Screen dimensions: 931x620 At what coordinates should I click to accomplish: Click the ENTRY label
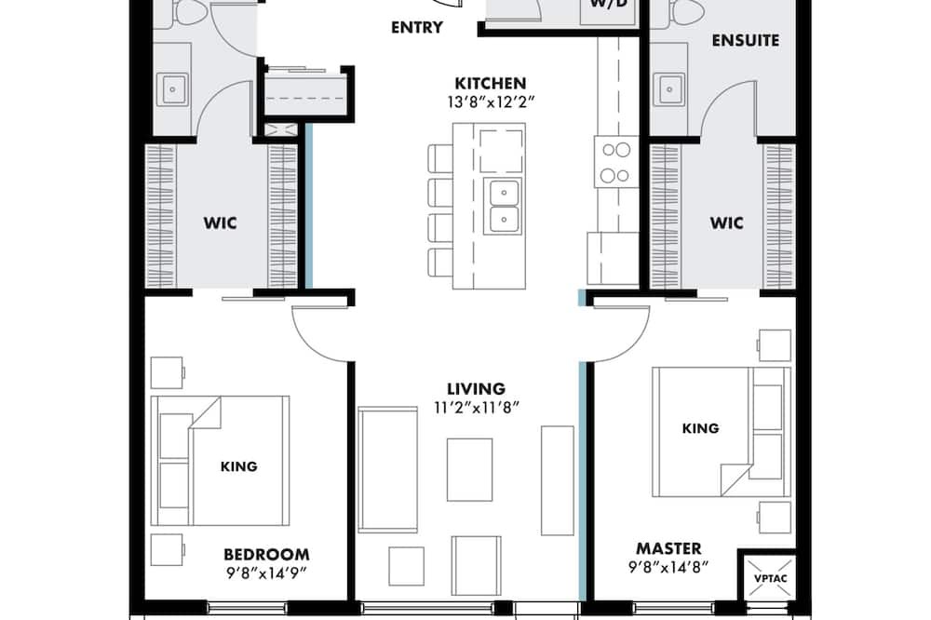pyautogui.click(x=417, y=27)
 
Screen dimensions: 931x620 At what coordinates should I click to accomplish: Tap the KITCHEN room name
pyautogui.click(x=491, y=83)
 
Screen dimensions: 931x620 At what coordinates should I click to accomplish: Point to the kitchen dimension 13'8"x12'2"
pyautogui.click(x=491, y=102)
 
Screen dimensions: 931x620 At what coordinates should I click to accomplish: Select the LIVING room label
pyautogui.click(x=476, y=389)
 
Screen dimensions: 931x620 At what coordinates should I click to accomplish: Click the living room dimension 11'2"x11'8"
pyautogui.click(x=477, y=408)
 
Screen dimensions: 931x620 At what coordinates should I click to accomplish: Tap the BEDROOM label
pyautogui.click(x=266, y=555)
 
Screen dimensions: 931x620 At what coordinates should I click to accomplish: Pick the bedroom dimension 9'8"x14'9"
pyautogui.click(x=265, y=573)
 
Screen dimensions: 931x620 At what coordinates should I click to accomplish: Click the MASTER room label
pyautogui.click(x=668, y=548)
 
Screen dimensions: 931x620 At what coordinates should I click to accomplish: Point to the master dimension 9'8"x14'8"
pyautogui.click(x=668, y=567)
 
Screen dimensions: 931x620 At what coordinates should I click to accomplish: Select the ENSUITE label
pyautogui.click(x=745, y=40)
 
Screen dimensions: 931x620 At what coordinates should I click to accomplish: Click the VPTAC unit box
pyautogui.click(x=770, y=578)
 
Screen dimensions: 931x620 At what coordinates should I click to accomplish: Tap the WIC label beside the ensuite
pyautogui.click(x=727, y=223)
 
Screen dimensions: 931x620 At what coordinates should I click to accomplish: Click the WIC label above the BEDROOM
pyautogui.click(x=221, y=223)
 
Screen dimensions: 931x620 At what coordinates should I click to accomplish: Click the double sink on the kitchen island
pyautogui.click(x=504, y=206)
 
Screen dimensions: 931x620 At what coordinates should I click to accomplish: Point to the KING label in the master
pyautogui.click(x=701, y=428)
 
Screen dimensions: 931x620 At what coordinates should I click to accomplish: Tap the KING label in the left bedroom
pyautogui.click(x=238, y=466)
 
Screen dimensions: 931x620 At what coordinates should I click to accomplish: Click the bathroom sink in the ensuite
pyautogui.click(x=669, y=89)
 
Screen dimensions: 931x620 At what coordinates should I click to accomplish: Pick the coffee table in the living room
pyautogui.click(x=469, y=469)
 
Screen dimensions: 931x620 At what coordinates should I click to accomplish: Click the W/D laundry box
pyautogui.click(x=609, y=9)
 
